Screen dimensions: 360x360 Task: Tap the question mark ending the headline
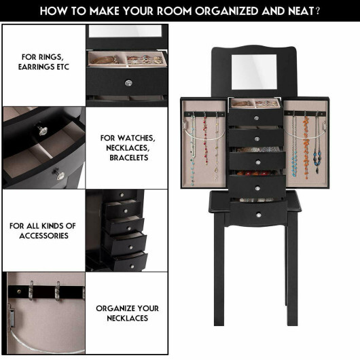coord(319,11)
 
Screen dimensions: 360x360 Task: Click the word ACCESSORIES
coord(43,236)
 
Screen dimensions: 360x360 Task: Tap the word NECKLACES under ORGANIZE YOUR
coord(127,318)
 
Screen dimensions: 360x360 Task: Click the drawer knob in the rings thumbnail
coord(127,83)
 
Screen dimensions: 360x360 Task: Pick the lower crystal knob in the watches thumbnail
coord(60,175)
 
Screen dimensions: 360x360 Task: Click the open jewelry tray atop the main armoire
coord(254,104)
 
